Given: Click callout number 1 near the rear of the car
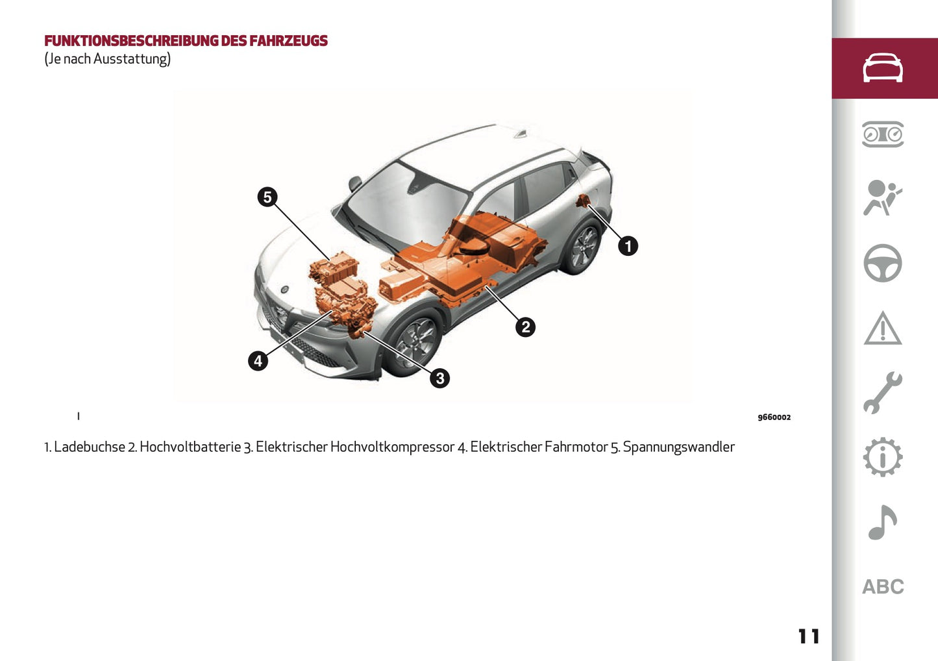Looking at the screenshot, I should (628, 246).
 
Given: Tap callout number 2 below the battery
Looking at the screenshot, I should (525, 327).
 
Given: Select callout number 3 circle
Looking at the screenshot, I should (439, 378).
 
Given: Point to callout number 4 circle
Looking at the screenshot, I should (258, 360).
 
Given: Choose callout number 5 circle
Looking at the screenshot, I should (267, 197).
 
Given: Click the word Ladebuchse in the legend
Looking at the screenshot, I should (90, 447).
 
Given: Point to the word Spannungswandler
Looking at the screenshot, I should (678, 447).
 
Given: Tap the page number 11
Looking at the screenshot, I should (809, 636).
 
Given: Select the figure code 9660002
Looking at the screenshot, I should (774, 418).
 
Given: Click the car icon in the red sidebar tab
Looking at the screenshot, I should (883, 68).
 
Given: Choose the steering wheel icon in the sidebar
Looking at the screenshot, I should (883, 263).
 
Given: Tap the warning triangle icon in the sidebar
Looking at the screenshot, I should (883, 329).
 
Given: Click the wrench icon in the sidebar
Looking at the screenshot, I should (883, 393).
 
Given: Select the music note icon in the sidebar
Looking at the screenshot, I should (883, 523).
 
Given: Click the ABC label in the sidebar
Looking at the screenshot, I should (883, 587).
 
